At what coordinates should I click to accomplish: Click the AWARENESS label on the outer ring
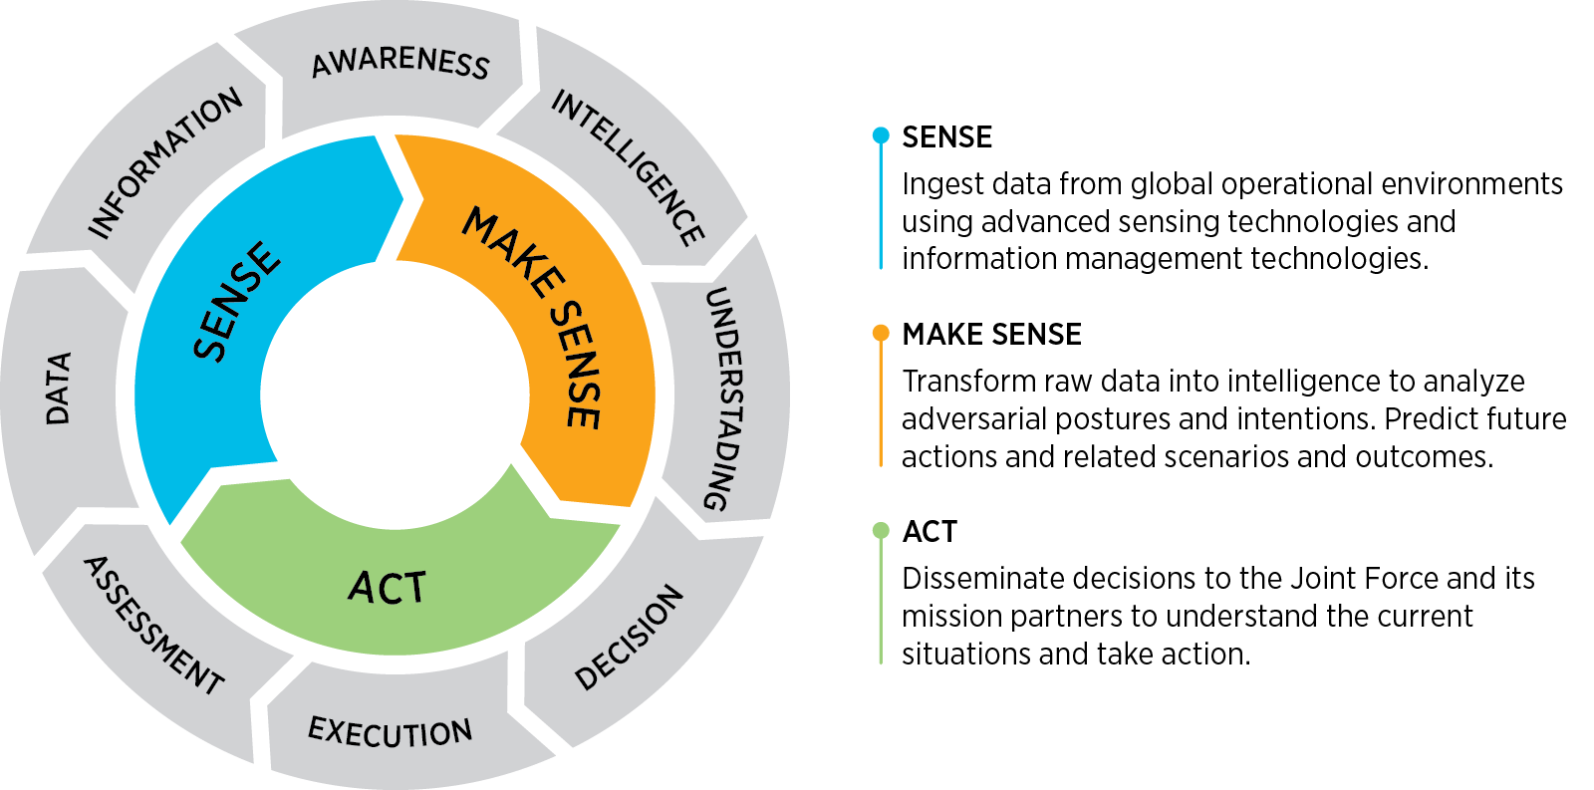point(400,62)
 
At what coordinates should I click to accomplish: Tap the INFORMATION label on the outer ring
point(165,163)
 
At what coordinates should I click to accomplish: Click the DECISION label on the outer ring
point(630,638)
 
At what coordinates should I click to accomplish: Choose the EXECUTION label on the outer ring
point(390,732)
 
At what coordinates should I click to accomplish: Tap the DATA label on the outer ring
point(59,389)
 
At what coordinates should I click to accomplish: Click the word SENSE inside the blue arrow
point(237,301)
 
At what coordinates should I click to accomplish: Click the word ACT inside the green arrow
point(388,588)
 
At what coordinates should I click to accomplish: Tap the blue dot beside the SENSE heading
point(881,135)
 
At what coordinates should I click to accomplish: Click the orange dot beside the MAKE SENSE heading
point(881,333)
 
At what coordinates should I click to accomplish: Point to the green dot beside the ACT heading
point(881,531)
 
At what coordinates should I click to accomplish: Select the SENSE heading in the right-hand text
point(946,137)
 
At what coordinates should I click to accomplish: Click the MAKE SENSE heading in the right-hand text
point(991,335)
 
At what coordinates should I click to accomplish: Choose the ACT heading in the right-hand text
point(929,532)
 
